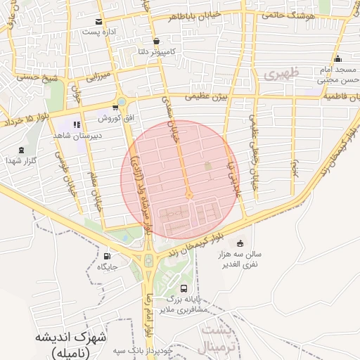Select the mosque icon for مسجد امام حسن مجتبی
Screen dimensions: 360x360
338,58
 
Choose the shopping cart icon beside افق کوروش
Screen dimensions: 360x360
115,108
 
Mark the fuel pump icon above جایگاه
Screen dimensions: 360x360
106,256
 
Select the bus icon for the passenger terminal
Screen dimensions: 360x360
184,288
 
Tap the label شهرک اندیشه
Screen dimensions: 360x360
72,337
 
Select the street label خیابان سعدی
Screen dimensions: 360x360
171,116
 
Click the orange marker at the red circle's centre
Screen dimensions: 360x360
189,195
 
